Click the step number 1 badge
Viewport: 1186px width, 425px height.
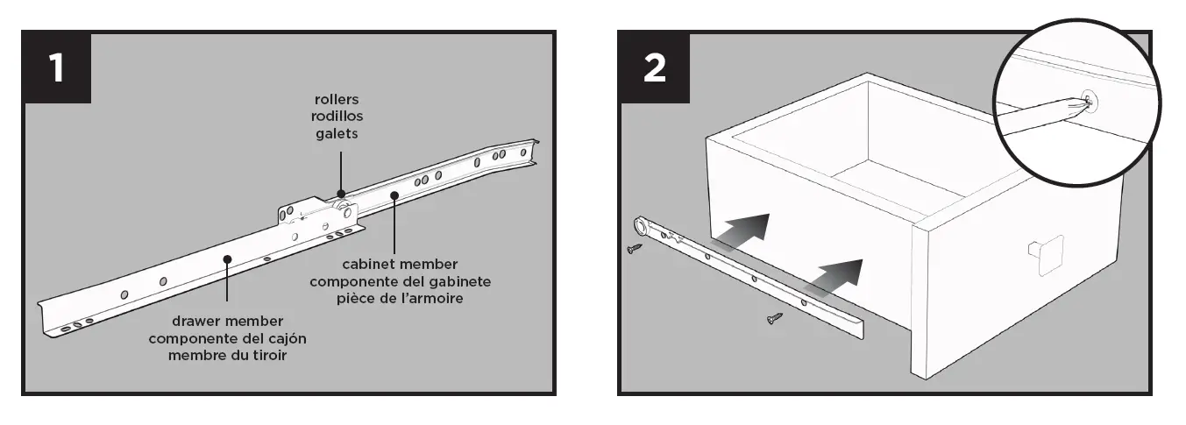57,67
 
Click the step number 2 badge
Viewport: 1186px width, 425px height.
654,67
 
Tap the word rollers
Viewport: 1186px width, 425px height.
337,99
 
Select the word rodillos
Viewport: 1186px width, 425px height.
337,116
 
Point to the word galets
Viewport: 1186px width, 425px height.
337,132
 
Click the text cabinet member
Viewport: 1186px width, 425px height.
400,263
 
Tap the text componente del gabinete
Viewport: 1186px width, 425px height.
400,280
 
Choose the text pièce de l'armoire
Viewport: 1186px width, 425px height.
400,298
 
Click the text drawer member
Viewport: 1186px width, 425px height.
227,321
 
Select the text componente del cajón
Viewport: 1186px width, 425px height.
227,338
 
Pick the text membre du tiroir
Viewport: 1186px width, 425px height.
227,355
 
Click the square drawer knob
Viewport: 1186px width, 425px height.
1045,254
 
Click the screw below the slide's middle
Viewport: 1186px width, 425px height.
774,319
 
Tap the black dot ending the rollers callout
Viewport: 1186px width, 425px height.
340,194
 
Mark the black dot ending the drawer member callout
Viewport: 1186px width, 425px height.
227,259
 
